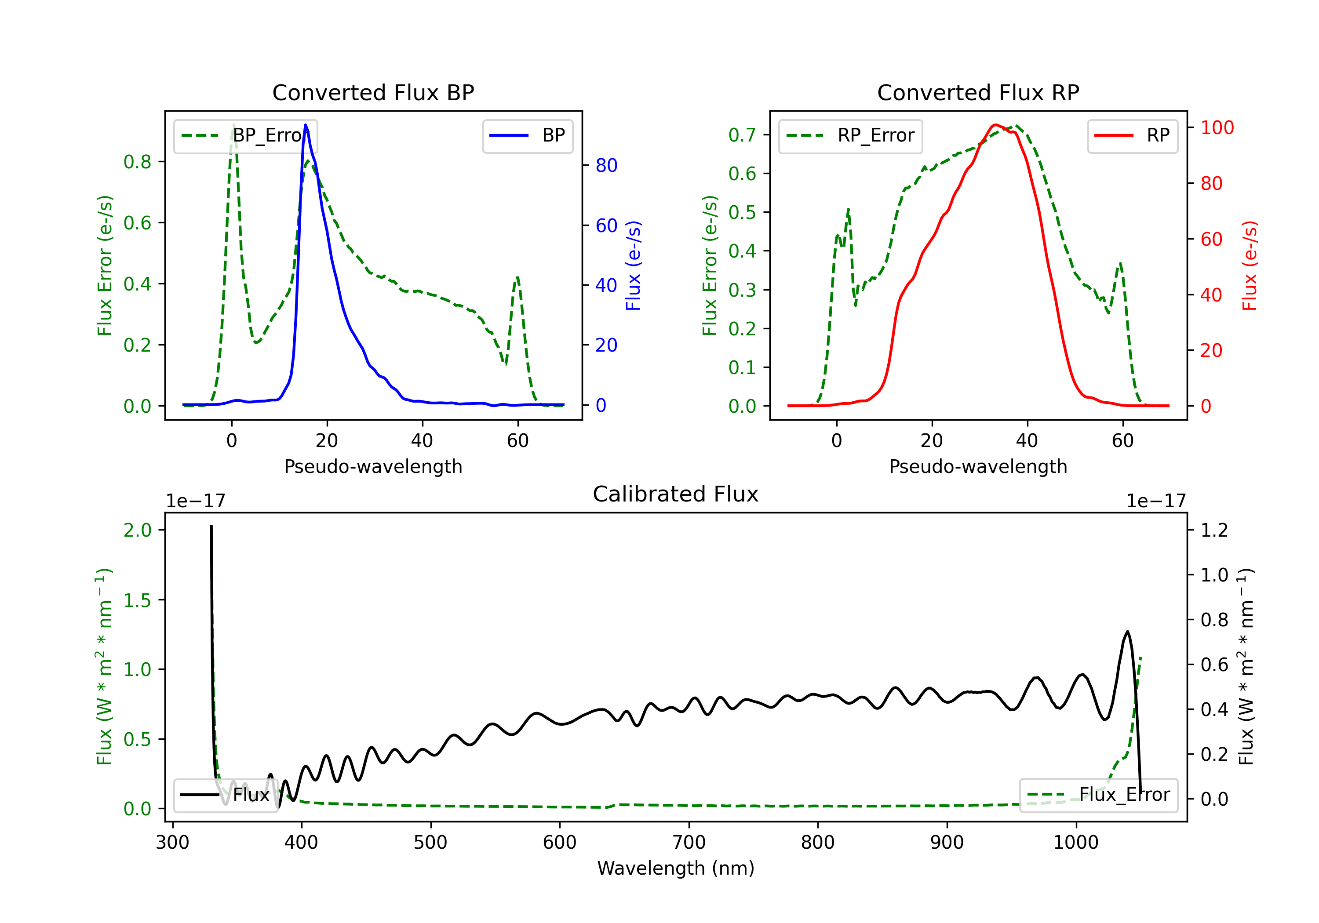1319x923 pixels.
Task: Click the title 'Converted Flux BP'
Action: [x=373, y=92]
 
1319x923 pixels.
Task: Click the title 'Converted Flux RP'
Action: [x=978, y=92]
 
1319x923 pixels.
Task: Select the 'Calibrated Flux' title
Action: [x=676, y=494]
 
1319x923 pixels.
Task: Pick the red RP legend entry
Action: [x=1132, y=135]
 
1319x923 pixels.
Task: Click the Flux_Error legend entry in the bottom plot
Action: [x=1098, y=795]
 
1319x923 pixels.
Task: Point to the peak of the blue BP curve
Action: [x=306, y=125]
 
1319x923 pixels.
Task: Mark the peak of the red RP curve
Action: [x=995, y=125]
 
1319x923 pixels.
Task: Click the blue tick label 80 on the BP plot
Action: [x=606, y=165]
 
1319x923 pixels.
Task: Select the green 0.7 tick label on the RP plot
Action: [x=742, y=135]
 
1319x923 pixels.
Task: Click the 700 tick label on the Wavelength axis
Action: [x=689, y=843]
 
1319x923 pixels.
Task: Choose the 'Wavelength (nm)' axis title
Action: [x=676, y=868]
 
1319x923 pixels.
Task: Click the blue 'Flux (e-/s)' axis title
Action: [x=633, y=265]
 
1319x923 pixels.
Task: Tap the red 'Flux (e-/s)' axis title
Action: [x=1250, y=265]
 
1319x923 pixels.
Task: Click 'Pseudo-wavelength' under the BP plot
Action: [x=373, y=466]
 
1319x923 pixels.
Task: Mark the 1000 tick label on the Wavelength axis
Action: [x=1076, y=843]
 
